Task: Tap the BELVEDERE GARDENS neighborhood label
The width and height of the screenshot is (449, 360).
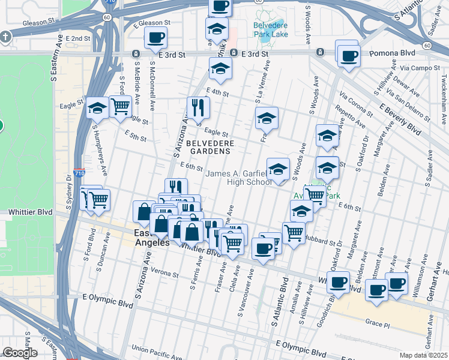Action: (x=208, y=148)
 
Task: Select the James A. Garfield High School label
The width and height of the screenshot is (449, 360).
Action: (x=238, y=178)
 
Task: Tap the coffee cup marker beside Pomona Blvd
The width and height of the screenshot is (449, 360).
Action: (x=348, y=56)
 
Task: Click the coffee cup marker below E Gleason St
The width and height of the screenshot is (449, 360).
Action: (x=155, y=37)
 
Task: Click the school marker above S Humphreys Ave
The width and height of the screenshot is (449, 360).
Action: (x=96, y=108)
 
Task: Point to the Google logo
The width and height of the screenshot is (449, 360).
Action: (x=19, y=353)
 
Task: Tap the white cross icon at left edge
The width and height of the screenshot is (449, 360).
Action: (x=5, y=37)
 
